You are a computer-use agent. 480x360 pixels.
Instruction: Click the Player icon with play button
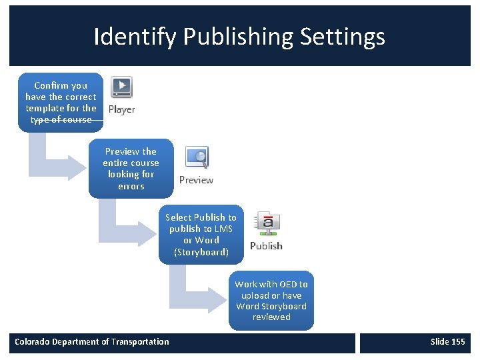(x=121, y=87)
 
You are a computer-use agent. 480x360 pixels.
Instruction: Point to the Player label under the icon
(x=121, y=110)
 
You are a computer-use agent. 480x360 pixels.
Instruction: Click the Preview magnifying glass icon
(x=197, y=157)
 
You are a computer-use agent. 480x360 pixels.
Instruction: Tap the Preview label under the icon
(x=196, y=180)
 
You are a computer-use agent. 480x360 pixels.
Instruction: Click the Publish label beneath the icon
(x=266, y=246)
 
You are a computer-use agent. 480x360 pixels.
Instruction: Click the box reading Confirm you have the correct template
(x=61, y=102)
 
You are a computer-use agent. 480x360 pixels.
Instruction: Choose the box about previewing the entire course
(x=131, y=169)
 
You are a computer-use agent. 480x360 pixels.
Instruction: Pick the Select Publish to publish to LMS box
(x=201, y=235)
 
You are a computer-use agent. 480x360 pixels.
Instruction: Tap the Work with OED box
(x=271, y=301)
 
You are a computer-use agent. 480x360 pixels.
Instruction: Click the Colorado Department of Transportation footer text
(x=92, y=342)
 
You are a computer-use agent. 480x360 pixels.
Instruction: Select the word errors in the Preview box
(x=131, y=186)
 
